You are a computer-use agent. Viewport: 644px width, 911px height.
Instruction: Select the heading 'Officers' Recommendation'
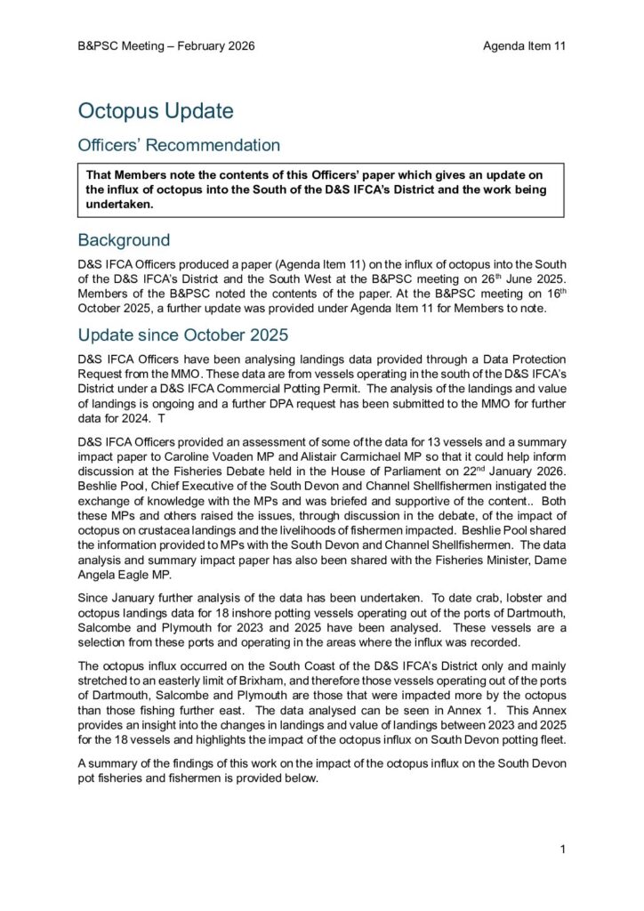coord(179,145)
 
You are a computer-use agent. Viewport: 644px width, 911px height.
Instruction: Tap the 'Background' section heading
coord(124,240)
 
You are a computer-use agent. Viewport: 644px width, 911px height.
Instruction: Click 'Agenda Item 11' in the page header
coord(524,46)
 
